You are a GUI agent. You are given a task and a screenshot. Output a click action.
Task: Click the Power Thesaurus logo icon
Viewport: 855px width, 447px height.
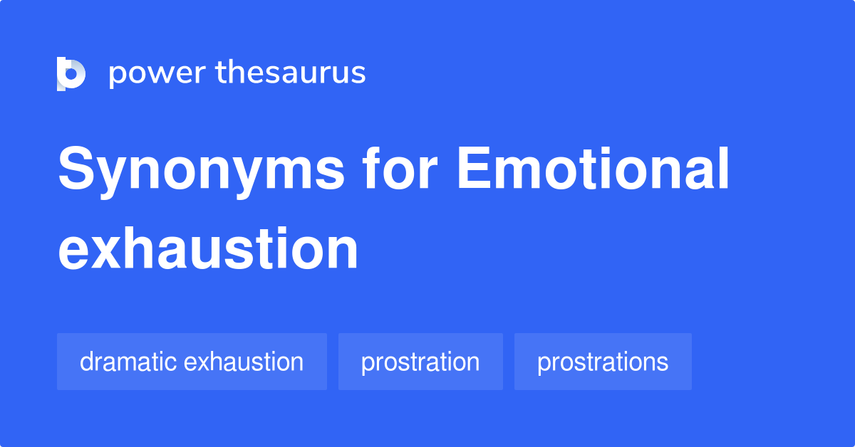coord(71,73)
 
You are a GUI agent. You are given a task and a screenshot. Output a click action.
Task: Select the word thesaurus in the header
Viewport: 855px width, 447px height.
coord(291,73)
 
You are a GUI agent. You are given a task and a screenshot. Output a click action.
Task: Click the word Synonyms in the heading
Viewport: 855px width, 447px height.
coord(202,171)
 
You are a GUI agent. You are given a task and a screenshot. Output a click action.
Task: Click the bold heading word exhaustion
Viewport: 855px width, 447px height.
coord(208,249)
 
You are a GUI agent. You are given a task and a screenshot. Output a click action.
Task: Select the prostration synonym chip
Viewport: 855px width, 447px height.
coord(420,362)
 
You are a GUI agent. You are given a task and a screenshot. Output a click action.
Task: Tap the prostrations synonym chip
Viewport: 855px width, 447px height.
coord(603,362)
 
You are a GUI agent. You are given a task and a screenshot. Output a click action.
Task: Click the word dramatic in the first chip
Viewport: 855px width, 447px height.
coord(128,362)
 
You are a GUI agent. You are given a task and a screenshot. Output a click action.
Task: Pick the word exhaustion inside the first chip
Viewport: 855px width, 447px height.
coord(244,362)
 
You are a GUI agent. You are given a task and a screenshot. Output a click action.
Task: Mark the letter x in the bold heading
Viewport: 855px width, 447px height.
coord(112,251)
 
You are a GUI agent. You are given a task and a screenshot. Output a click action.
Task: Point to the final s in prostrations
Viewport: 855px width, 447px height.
coord(663,363)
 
